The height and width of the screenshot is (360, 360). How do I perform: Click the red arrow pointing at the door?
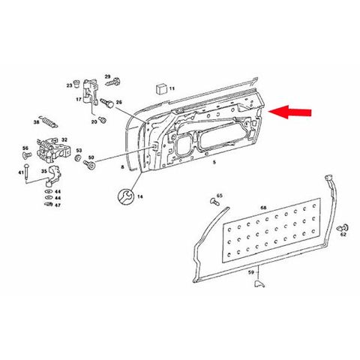(290, 112)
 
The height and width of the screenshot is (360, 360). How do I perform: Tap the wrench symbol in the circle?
(124, 196)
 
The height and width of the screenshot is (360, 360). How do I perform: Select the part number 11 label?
(172, 88)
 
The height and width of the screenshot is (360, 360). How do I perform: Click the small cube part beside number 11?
(161, 89)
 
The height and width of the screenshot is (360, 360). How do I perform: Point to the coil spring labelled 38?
(49, 121)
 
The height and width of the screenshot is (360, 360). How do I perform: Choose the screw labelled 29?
(112, 82)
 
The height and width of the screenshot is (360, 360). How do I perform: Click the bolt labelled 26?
(107, 103)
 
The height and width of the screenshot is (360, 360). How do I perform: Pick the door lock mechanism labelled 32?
(53, 149)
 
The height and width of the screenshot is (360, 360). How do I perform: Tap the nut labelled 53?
(78, 158)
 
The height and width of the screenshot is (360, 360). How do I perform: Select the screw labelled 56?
(27, 155)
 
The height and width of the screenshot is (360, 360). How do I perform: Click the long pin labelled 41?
(26, 174)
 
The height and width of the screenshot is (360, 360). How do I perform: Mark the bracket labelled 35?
(53, 176)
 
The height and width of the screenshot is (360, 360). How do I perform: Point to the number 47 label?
(58, 205)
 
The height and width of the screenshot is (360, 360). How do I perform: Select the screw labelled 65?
(214, 202)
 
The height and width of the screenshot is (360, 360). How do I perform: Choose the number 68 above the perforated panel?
(263, 208)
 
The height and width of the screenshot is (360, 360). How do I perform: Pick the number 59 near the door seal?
(251, 272)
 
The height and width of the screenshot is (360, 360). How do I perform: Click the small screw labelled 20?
(102, 119)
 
